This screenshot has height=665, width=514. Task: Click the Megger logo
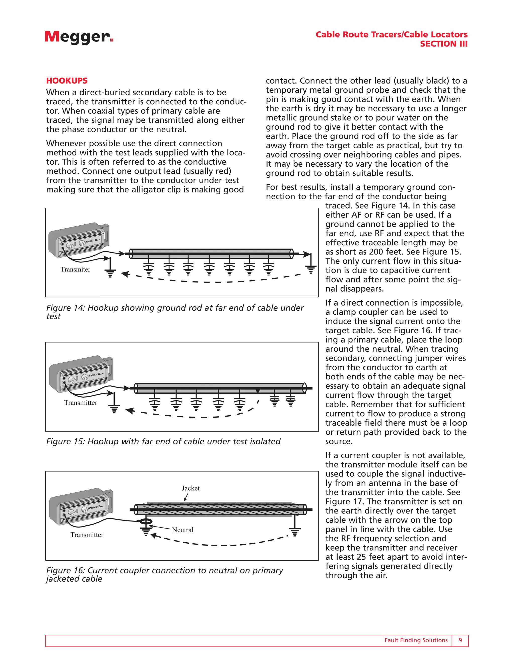[79, 37]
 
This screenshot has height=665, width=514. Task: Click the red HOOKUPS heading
[67, 81]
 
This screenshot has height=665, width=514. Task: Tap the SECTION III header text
[443, 44]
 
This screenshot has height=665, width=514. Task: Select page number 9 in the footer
[460, 640]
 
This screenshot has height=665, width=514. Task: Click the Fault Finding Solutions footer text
[416, 640]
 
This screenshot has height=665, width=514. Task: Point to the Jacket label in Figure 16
[191, 488]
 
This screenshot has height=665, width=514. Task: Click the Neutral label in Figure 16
[183, 530]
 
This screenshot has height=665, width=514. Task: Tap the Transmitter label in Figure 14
[75, 270]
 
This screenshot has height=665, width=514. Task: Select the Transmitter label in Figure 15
[81, 403]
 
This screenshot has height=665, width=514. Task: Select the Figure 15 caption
[163, 441]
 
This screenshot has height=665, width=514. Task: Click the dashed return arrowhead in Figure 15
[130, 411]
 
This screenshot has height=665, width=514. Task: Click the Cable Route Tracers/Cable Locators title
[391, 34]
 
